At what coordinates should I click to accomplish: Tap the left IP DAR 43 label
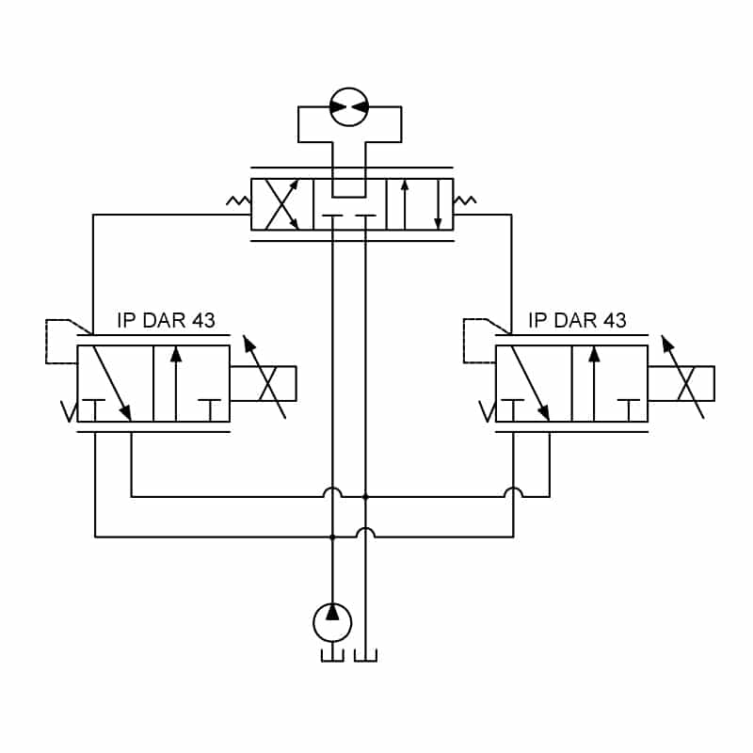coord(166,320)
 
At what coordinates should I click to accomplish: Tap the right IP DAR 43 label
coord(577,320)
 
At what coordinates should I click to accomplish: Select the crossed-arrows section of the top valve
coord(281,204)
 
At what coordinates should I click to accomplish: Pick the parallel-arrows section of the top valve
coord(420,204)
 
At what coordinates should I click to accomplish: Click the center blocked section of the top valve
coord(349,204)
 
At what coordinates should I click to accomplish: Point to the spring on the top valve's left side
coord(239,200)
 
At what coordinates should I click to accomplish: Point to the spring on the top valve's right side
coord(465,200)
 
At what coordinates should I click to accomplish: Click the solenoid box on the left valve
coord(264,384)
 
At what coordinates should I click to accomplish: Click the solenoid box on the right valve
coord(681,384)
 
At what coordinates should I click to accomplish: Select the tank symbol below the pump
coord(332,656)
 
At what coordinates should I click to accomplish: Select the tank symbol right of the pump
coord(365,656)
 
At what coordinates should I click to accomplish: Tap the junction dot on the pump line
coord(332,537)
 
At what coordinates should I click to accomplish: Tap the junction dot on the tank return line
coord(365,497)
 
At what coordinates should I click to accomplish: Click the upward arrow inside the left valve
coord(176,384)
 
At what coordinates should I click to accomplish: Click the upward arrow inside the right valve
coord(595,384)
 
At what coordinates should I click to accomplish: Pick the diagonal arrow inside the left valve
coord(112,383)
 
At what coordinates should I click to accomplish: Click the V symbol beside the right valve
coord(487,411)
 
